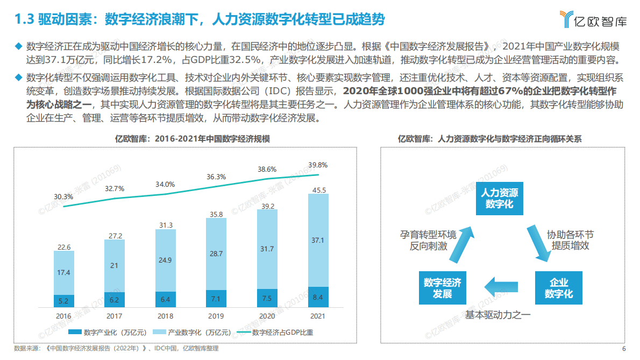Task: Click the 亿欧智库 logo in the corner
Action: click(593, 20)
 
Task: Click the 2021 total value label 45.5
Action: click(318, 189)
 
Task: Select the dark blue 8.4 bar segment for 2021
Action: click(318, 297)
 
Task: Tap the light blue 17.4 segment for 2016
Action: click(63, 273)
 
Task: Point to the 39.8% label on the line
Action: click(318, 165)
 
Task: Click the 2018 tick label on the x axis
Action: click(165, 316)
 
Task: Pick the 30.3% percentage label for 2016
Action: click(63, 196)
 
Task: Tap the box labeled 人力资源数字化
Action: click(499, 199)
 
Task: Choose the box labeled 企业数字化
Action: click(559, 289)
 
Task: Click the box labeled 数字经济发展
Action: click(442, 289)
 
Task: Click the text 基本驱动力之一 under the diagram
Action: click(498, 315)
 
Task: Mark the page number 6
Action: click(624, 349)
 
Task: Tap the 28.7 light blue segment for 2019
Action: click(216, 253)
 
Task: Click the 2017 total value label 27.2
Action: click(114, 236)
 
